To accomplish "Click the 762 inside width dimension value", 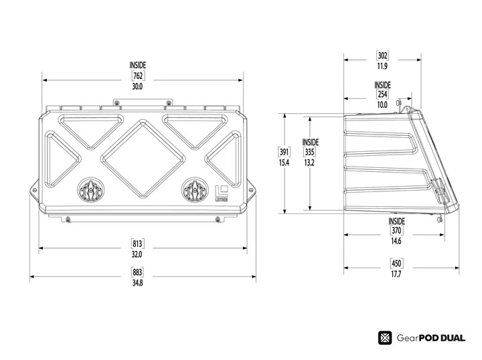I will tap(138, 76).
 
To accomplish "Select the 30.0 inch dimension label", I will tap(138, 87).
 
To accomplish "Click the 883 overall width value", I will tap(137, 272).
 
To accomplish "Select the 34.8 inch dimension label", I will tap(137, 283).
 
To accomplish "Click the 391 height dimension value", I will tap(284, 153).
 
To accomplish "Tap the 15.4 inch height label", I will tap(284, 163).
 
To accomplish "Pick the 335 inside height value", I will tap(310, 153).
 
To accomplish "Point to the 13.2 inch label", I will tap(310, 163).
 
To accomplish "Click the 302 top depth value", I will tap(382, 56).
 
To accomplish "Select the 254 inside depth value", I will tap(382, 95).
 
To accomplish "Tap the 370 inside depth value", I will tap(396, 230).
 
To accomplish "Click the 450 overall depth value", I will tap(396, 263).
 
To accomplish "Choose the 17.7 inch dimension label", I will tap(396, 274).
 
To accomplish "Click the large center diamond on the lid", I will tap(142, 158).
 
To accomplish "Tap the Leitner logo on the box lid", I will tap(222, 192).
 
